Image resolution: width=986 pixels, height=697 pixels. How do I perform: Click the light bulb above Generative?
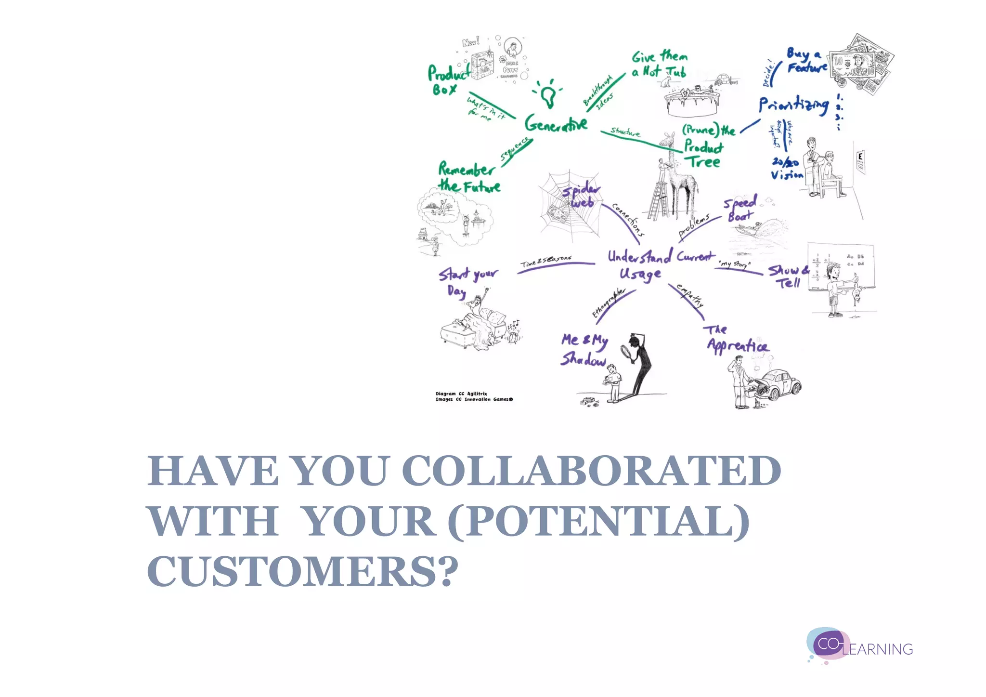(x=548, y=94)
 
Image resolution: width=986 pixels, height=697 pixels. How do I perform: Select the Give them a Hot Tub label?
(x=659, y=65)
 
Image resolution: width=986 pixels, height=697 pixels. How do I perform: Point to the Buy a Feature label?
(x=806, y=61)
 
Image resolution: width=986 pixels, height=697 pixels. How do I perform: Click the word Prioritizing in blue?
(x=793, y=105)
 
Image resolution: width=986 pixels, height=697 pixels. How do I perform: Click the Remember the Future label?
(x=468, y=178)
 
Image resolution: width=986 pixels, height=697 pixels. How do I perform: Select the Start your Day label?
(x=467, y=281)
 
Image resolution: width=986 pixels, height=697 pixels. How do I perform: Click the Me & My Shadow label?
(x=584, y=350)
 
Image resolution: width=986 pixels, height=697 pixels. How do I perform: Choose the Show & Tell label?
(x=788, y=276)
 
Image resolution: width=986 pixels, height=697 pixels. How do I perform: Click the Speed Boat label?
(x=740, y=209)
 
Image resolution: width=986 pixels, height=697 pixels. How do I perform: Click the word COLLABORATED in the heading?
(x=591, y=471)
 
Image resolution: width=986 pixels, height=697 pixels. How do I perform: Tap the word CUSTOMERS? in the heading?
(x=303, y=571)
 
